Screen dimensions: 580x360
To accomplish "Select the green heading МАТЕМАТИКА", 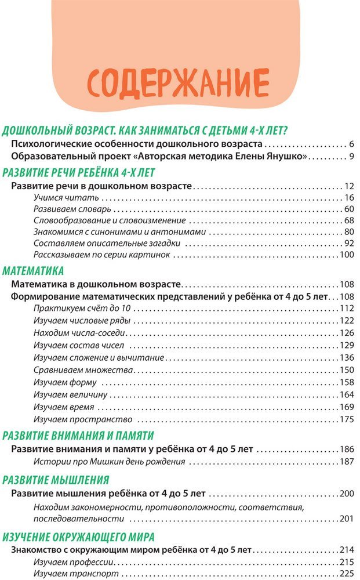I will [33, 271].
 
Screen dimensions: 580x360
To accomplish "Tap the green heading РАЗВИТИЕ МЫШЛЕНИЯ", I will [56, 480].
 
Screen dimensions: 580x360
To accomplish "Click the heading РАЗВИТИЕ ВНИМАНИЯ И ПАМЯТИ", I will [78, 435].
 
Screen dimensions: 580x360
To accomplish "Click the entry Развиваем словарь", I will [72, 209].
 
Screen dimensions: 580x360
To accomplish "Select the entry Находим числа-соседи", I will [80, 333].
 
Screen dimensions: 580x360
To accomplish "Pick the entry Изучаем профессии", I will [75, 563].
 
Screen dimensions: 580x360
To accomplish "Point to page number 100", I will [346, 255].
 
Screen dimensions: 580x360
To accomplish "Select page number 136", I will [346, 358].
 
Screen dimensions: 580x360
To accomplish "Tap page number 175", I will [346, 419].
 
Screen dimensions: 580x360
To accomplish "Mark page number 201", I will [346, 519].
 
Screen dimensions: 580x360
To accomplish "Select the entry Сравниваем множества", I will [84, 370].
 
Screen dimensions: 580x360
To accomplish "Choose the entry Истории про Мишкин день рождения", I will [109, 462].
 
